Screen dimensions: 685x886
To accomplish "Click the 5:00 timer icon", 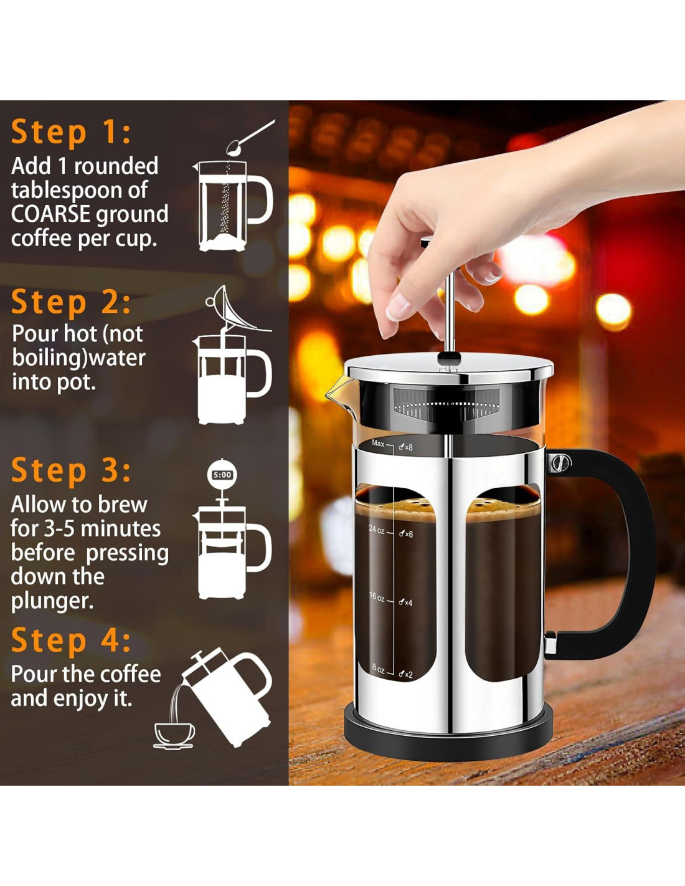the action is pyautogui.click(x=222, y=474).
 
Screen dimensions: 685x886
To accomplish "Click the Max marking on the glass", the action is pyautogui.click(x=378, y=443).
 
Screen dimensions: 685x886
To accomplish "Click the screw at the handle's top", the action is pyautogui.click(x=560, y=462).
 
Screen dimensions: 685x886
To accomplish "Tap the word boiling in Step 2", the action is pyautogui.click(x=48, y=358).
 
